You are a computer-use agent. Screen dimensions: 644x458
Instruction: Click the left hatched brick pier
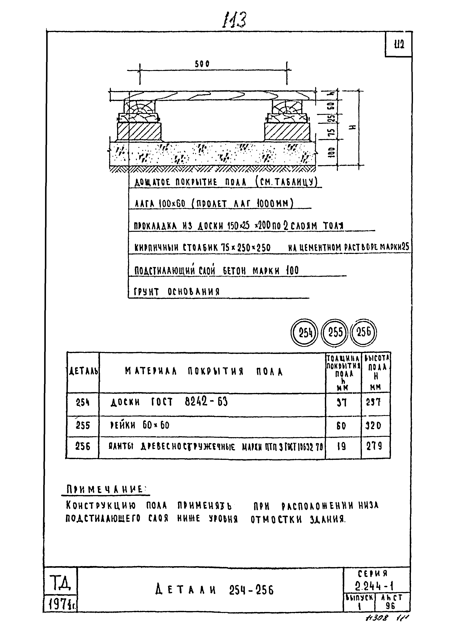(x=139, y=132)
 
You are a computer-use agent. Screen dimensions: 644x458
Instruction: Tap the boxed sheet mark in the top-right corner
(x=399, y=44)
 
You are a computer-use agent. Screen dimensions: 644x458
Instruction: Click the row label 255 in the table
(x=83, y=425)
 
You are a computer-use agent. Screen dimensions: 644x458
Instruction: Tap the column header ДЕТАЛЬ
(x=83, y=372)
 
